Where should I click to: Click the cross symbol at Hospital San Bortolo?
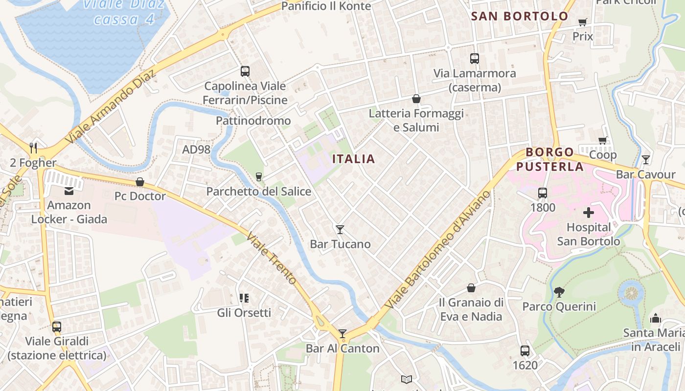(589, 213)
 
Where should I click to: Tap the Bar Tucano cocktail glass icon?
(340, 229)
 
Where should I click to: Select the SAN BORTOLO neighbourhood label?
(520, 16)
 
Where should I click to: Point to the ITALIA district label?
(354, 159)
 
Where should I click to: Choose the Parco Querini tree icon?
(559, 292)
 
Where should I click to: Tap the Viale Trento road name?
(272, 258)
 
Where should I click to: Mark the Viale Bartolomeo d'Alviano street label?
(437, 250)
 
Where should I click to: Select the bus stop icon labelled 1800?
(543, 193)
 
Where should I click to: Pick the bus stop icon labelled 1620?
(525, 350)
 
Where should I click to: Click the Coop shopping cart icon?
(603, 141)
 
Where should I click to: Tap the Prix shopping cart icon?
(582, 22)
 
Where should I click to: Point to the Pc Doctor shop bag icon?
(140, 182)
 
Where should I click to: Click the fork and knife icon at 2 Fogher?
(33, 148)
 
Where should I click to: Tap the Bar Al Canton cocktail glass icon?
(342, 334)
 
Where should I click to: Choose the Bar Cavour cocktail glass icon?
(646, 159)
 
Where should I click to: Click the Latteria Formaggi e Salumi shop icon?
(416, 99)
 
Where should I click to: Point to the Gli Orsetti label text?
(244, 312)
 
